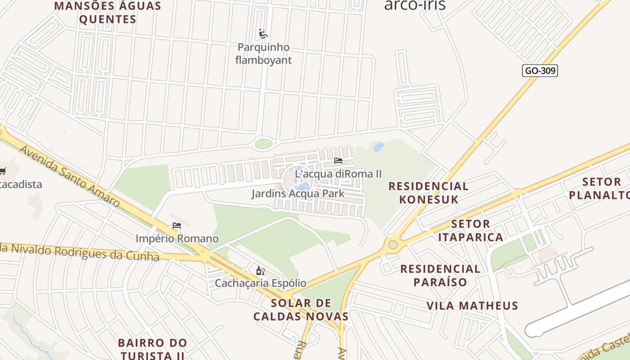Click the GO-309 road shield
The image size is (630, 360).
pos(540,71)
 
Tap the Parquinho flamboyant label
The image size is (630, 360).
pos(264,54)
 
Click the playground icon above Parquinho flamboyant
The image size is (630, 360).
pos(263,34)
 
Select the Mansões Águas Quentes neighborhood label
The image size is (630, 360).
pos(108,13)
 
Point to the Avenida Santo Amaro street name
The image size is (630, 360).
pos(70,176)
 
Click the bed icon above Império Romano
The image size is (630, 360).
pos(177,225)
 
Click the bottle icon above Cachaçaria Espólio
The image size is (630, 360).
pos(260,270)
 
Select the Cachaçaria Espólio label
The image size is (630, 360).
pos(261,283)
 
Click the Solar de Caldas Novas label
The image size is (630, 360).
pos(301,310)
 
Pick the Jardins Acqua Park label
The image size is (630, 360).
pos(298,194)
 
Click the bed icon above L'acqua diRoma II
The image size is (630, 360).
pos(338,160)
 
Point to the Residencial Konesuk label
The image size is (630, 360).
pos(428,193)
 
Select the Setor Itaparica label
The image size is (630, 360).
pos(470,230)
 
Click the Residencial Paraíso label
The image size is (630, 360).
pos(440,275)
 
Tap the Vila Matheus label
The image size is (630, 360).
pos(472,306)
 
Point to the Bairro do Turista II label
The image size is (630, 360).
pos(152,349)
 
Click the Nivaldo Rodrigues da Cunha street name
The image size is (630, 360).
pos(81,252)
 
